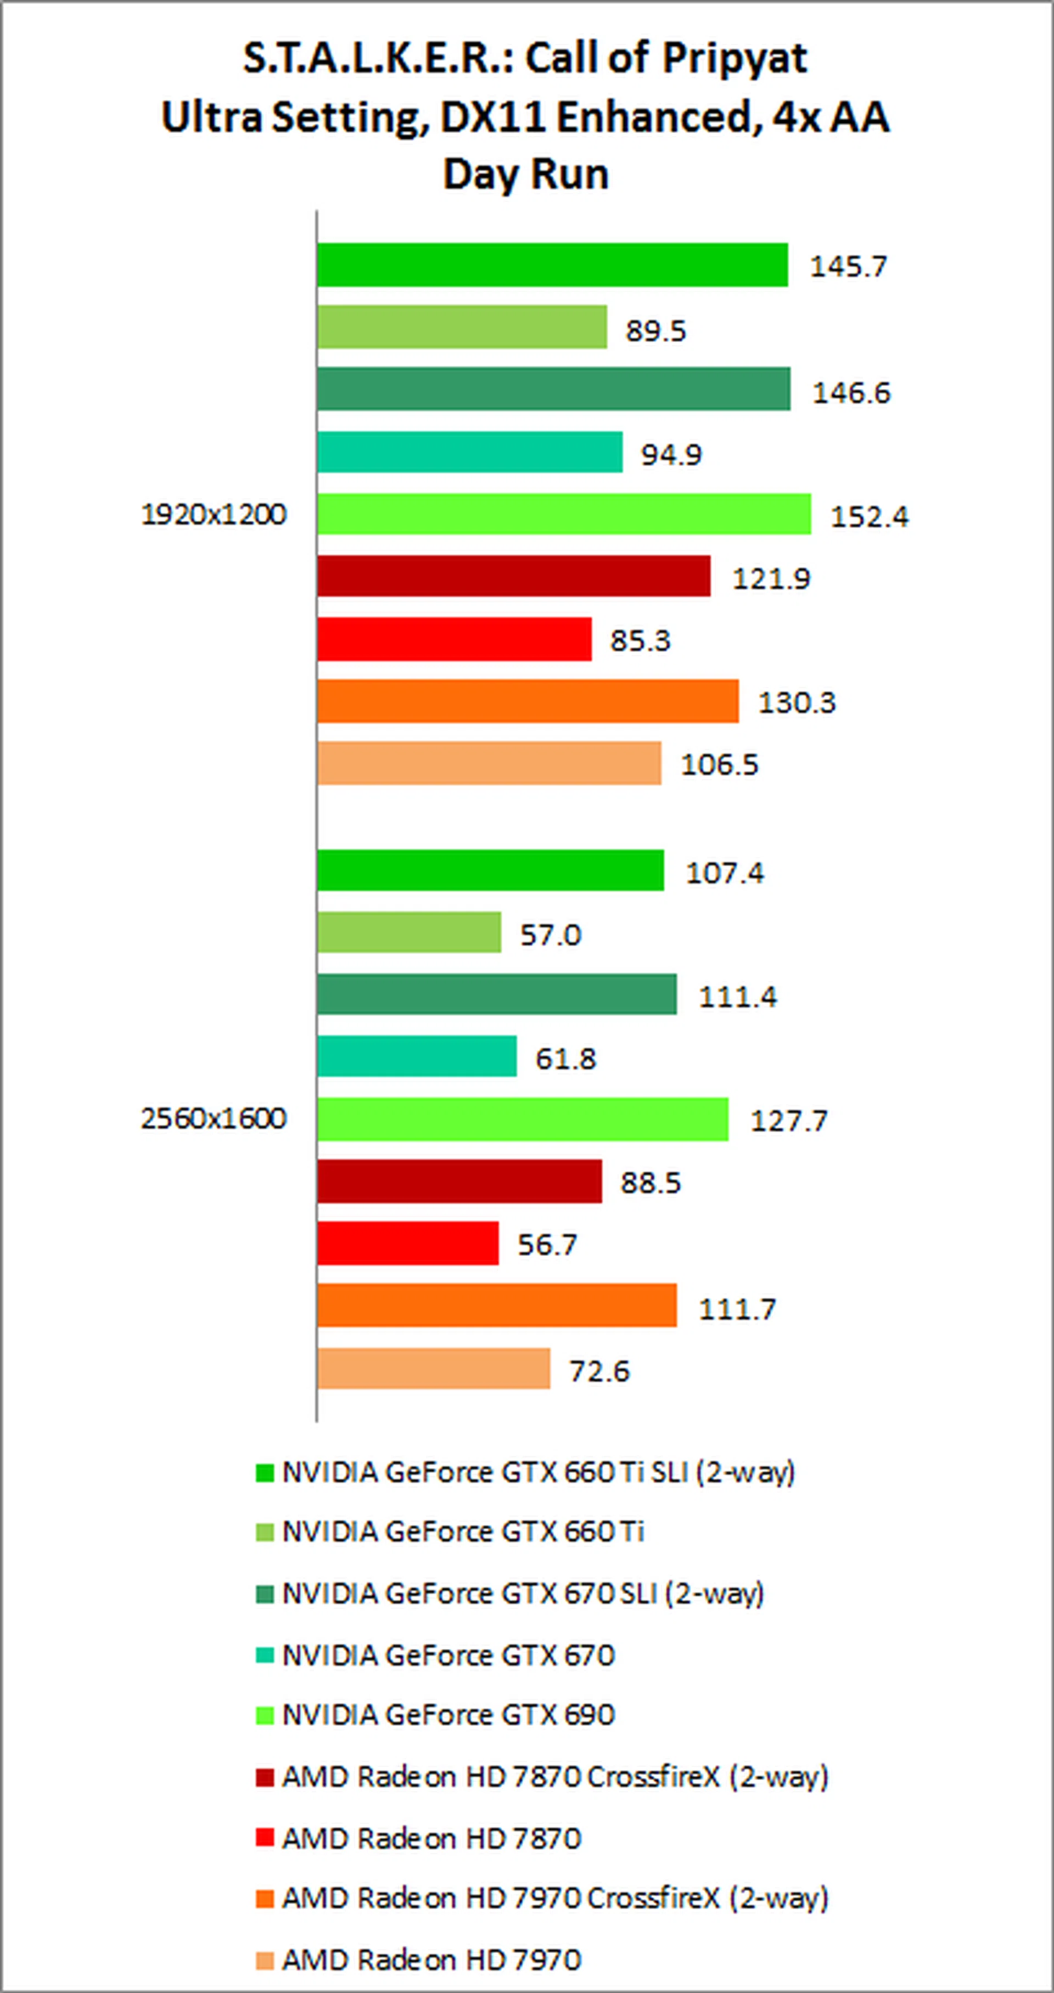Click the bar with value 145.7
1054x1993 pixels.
click(552, 264)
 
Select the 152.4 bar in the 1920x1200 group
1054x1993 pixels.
click(563, 514)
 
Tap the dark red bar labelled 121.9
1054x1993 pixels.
click(513, 576)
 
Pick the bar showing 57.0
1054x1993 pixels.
click(408, 932)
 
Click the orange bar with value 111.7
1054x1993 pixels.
click(496, 1305)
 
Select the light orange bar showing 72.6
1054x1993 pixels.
click(433, 1369)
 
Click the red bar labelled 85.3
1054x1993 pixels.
click(453, 638)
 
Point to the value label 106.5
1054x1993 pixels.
click(719, 764)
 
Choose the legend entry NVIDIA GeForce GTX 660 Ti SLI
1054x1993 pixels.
click(538, 1472)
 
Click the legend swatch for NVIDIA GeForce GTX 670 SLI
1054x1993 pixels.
click(265, 1594)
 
